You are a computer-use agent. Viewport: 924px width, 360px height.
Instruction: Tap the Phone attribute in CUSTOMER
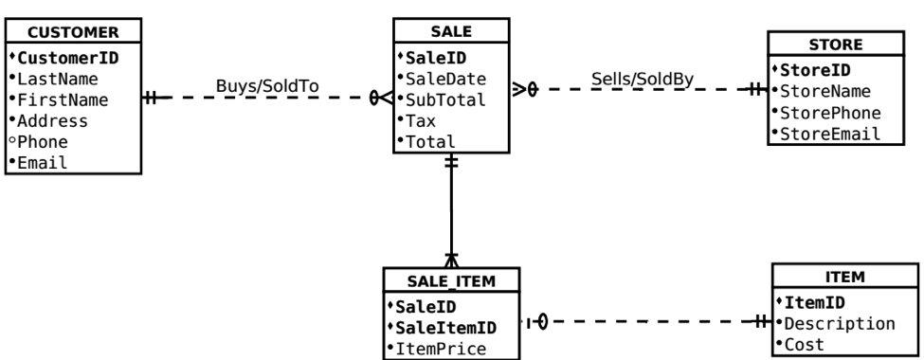(39, 141)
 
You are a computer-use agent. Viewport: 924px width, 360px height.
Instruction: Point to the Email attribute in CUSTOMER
(39, 162)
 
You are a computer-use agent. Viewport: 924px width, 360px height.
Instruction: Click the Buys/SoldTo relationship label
(267, 86)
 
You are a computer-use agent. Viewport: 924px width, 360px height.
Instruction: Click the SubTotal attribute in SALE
(444, 99)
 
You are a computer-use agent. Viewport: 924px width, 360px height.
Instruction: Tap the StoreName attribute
(824, 91)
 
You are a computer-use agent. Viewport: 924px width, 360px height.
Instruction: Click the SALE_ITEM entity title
(451, 280)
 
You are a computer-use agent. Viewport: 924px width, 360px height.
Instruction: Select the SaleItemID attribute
(447, 328)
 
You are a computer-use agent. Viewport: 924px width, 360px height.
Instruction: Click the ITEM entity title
(839, 279)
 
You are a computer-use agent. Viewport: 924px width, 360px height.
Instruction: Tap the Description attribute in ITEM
(840, 324)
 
